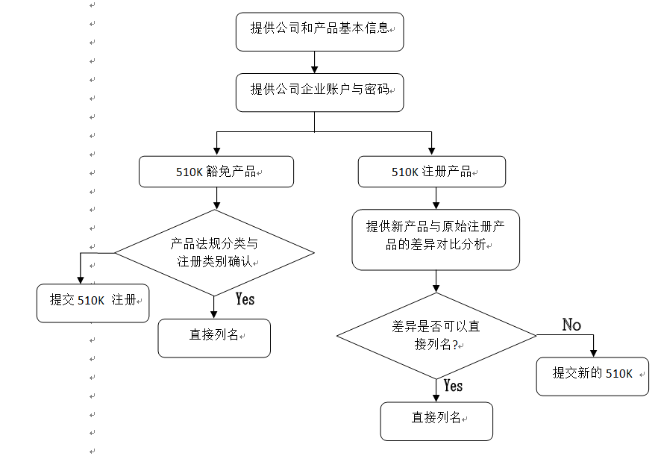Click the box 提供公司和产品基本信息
[x=319, y=32]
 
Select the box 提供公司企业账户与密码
[x=319, y=93]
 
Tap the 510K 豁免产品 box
[x=216, y=172]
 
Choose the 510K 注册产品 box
[x=432, y=172]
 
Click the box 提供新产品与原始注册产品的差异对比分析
[x=436, y=239]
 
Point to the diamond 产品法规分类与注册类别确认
[x=215, y=252]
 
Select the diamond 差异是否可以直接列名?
[x=436, y=335]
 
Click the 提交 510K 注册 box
[x=93, y=303]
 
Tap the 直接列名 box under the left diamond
[x=214, y=338]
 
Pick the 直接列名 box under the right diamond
[x=436, y=421]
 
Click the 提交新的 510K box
[x=593, y=375]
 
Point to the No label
[x=571, y=325]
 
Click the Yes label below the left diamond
[x=245, y=299]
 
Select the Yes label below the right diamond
[x=453, y=386]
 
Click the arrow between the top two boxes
[x=315, y=62]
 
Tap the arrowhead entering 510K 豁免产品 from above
[x=216, y=152]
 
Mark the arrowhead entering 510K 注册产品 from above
[x=432, y=152]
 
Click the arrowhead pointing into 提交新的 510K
[x=594, y=353]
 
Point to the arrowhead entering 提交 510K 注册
[x=81, y=280]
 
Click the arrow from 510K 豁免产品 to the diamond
[x=216, y=198]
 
